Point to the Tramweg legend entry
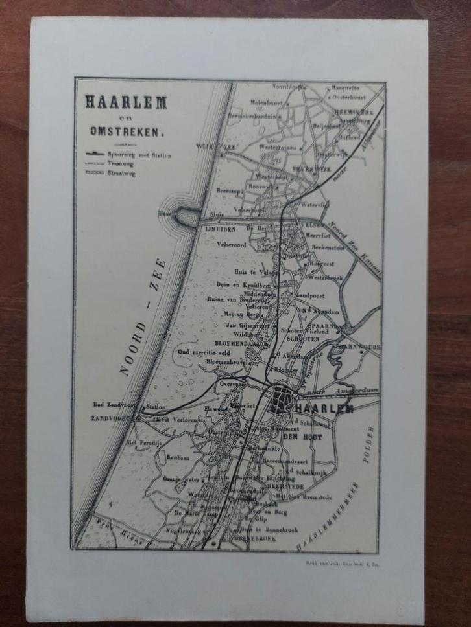pos(120,165)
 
